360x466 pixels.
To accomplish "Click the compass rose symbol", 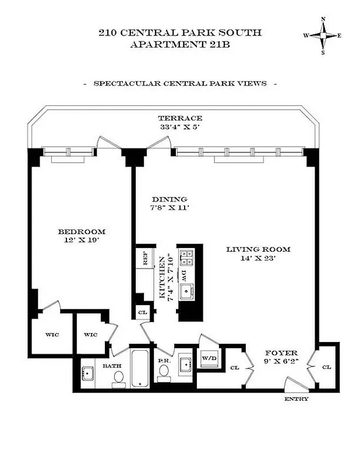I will (322, 35).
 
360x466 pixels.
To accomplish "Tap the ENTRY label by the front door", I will (297, 399).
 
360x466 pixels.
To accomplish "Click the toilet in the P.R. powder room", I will (163, 376).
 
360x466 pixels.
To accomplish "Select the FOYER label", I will (281, 353).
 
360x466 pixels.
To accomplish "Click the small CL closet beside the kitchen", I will (143, 312).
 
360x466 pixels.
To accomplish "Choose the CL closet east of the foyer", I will (326, 367).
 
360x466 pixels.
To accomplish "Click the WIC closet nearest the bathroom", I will (90, 335).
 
